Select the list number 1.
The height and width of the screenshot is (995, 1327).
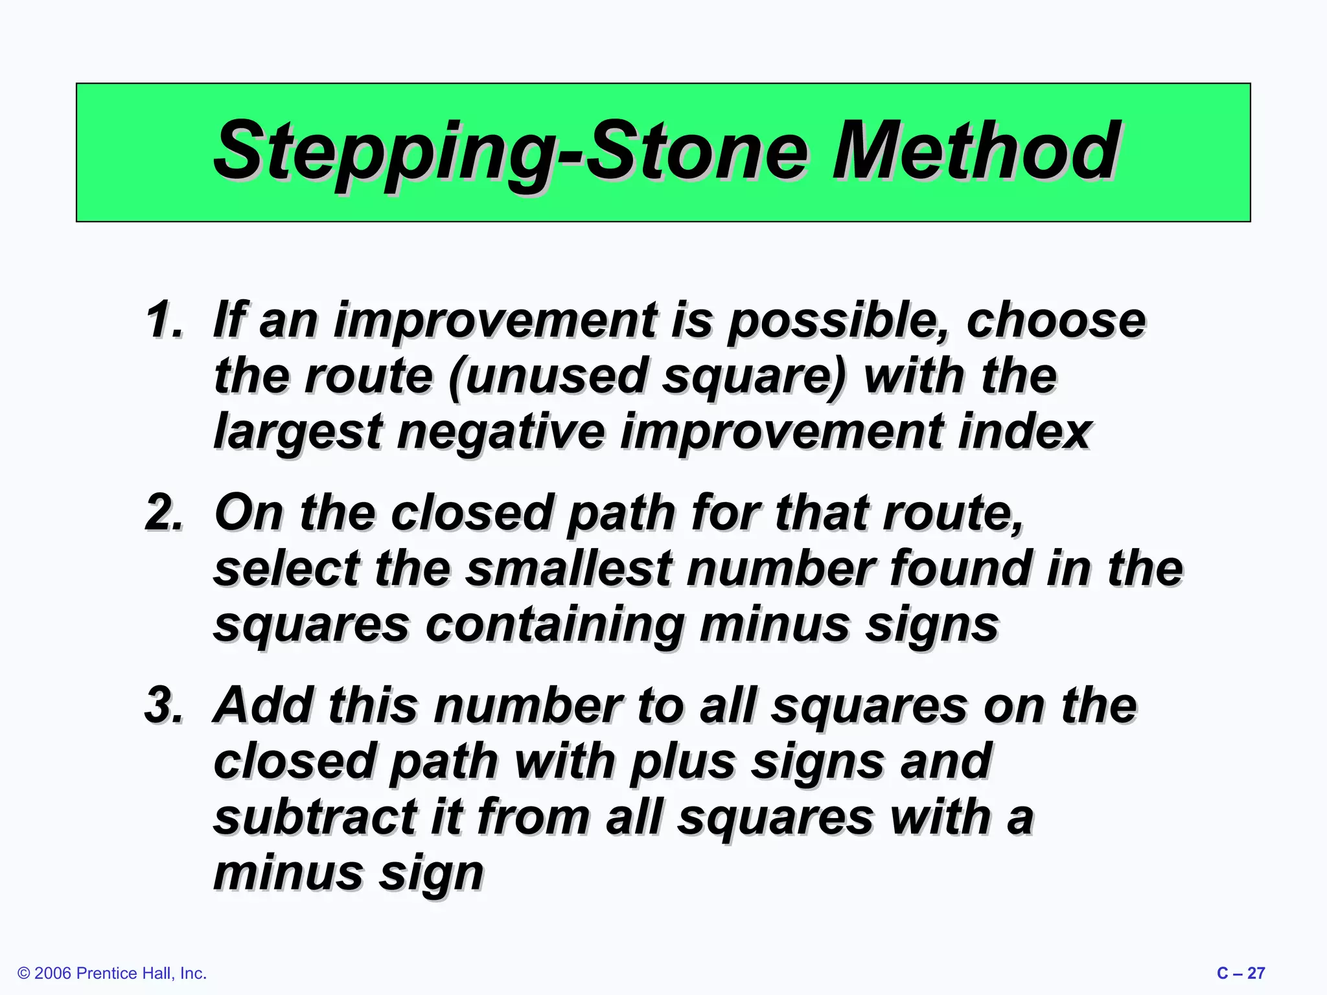164,319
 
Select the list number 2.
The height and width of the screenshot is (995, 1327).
164,512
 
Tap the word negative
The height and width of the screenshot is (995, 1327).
500,433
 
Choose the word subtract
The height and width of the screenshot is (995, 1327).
315,818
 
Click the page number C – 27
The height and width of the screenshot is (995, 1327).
1240,973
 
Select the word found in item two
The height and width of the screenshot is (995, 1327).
960,569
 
